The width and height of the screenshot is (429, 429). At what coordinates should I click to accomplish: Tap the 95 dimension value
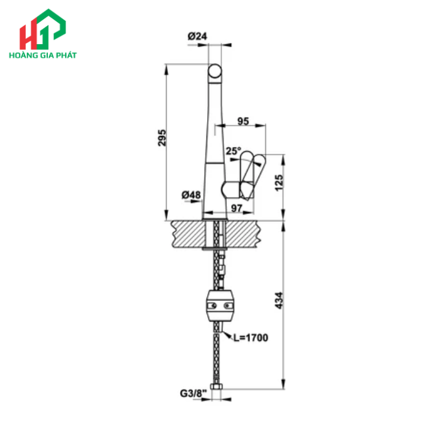tap(243, 121)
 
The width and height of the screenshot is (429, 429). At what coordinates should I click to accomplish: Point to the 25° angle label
tap(233, 150)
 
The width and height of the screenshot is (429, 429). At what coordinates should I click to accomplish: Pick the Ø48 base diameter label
tap(191, 196)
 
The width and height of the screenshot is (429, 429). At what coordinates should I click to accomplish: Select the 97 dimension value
tap(237, 208)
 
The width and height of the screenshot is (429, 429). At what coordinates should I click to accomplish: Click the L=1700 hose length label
tap(250, 337)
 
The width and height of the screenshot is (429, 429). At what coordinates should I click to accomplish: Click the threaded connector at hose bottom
tap(215, 392)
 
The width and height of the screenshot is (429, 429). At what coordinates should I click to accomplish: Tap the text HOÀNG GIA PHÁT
tap(43, 55)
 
